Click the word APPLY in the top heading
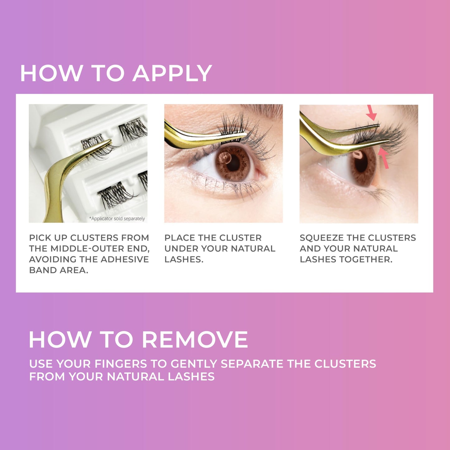click(x=172, y=74)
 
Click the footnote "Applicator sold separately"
click(x=117, y=219)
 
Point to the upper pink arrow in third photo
click(x=371, y=113)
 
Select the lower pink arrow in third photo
click(x=384, y=158)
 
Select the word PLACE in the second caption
click(x=180, y=238)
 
